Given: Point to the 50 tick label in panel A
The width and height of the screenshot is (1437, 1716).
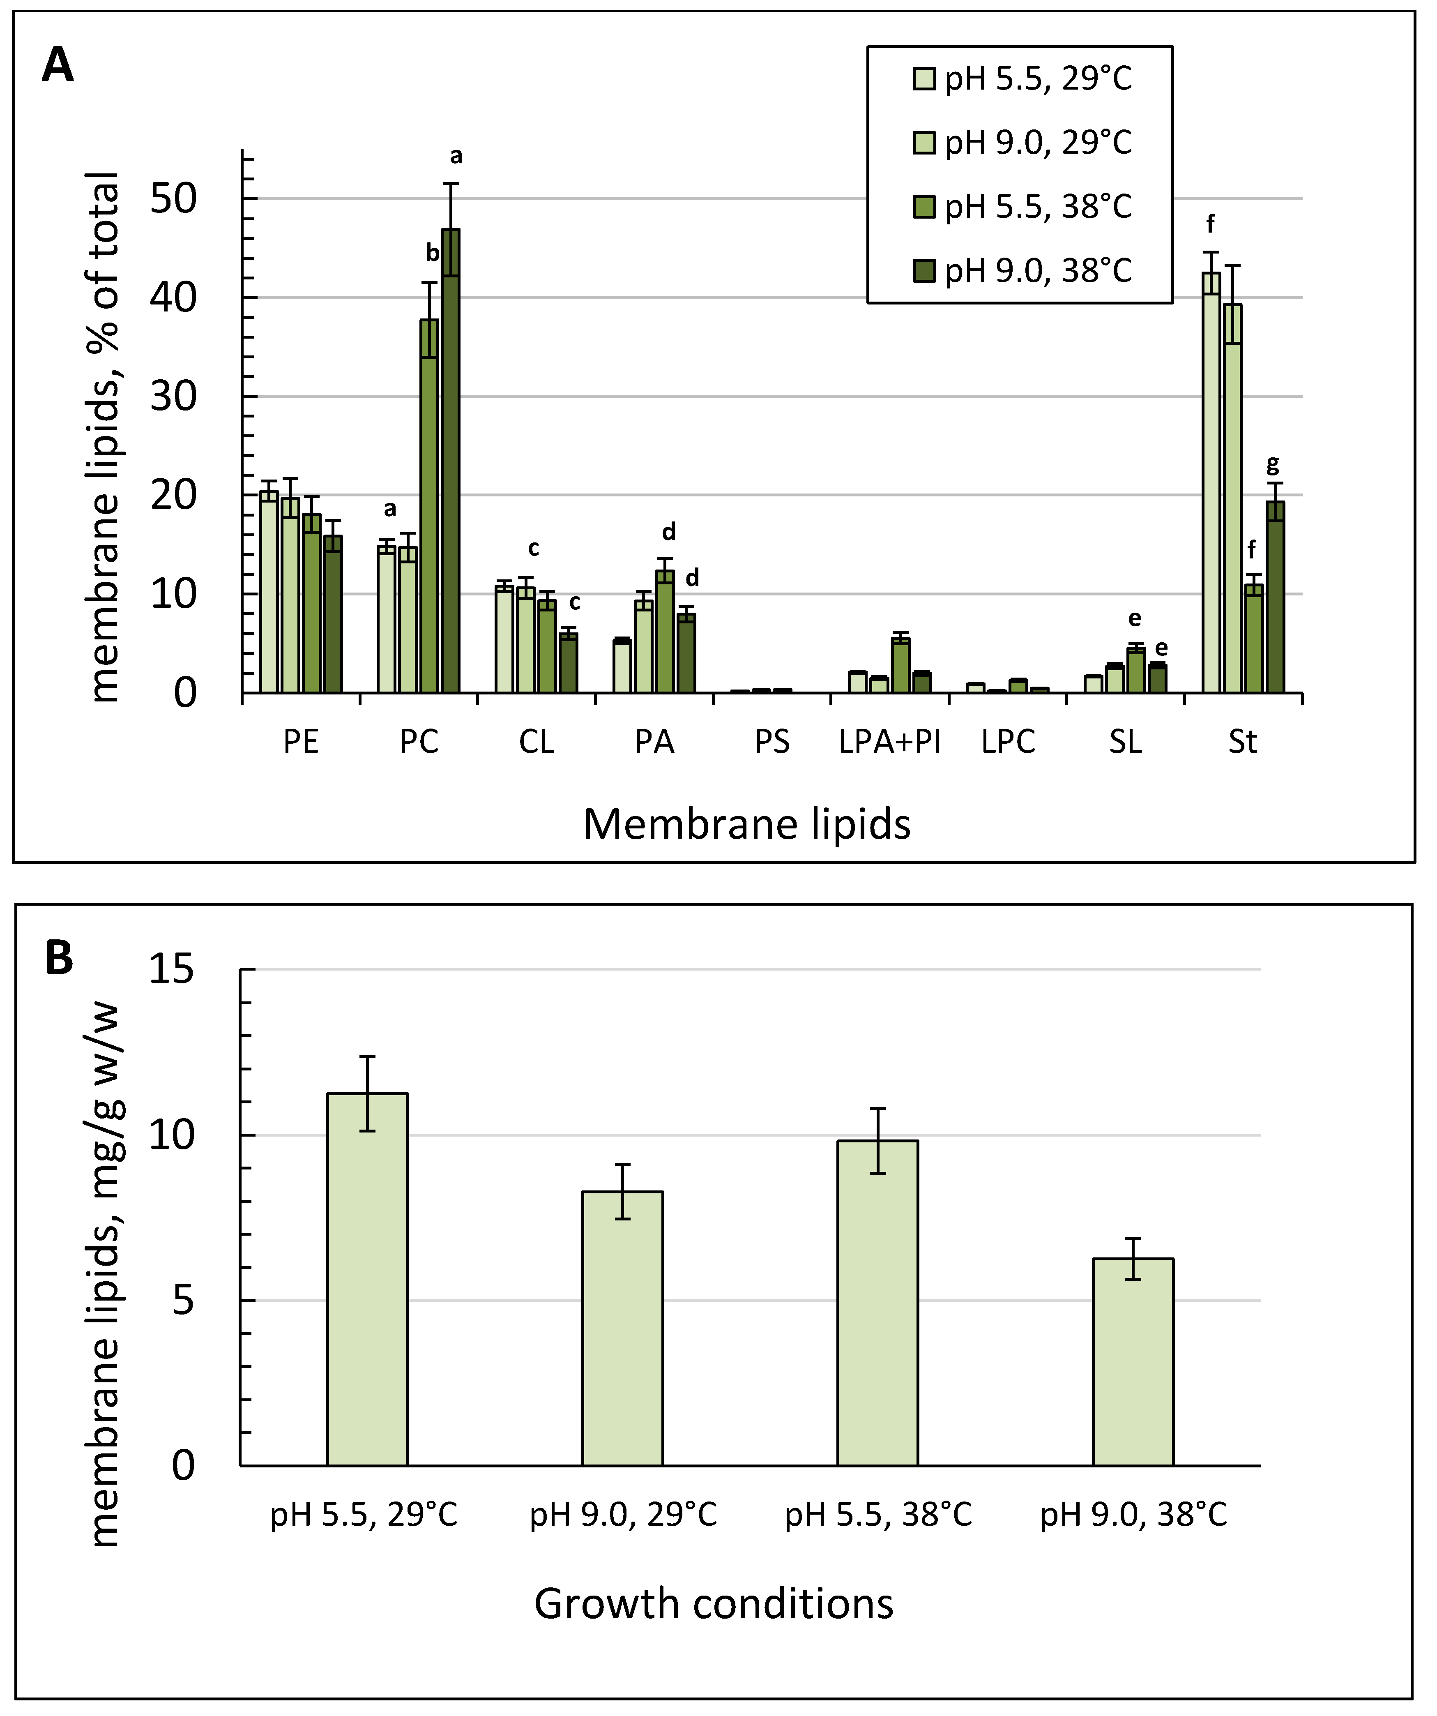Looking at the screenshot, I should [173, 198].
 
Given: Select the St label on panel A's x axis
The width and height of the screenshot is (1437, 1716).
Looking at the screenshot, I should [1243, 742].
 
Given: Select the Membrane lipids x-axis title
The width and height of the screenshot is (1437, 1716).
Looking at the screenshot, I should [747, 823].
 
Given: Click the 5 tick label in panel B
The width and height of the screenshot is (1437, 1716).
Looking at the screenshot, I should [183, 1300].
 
